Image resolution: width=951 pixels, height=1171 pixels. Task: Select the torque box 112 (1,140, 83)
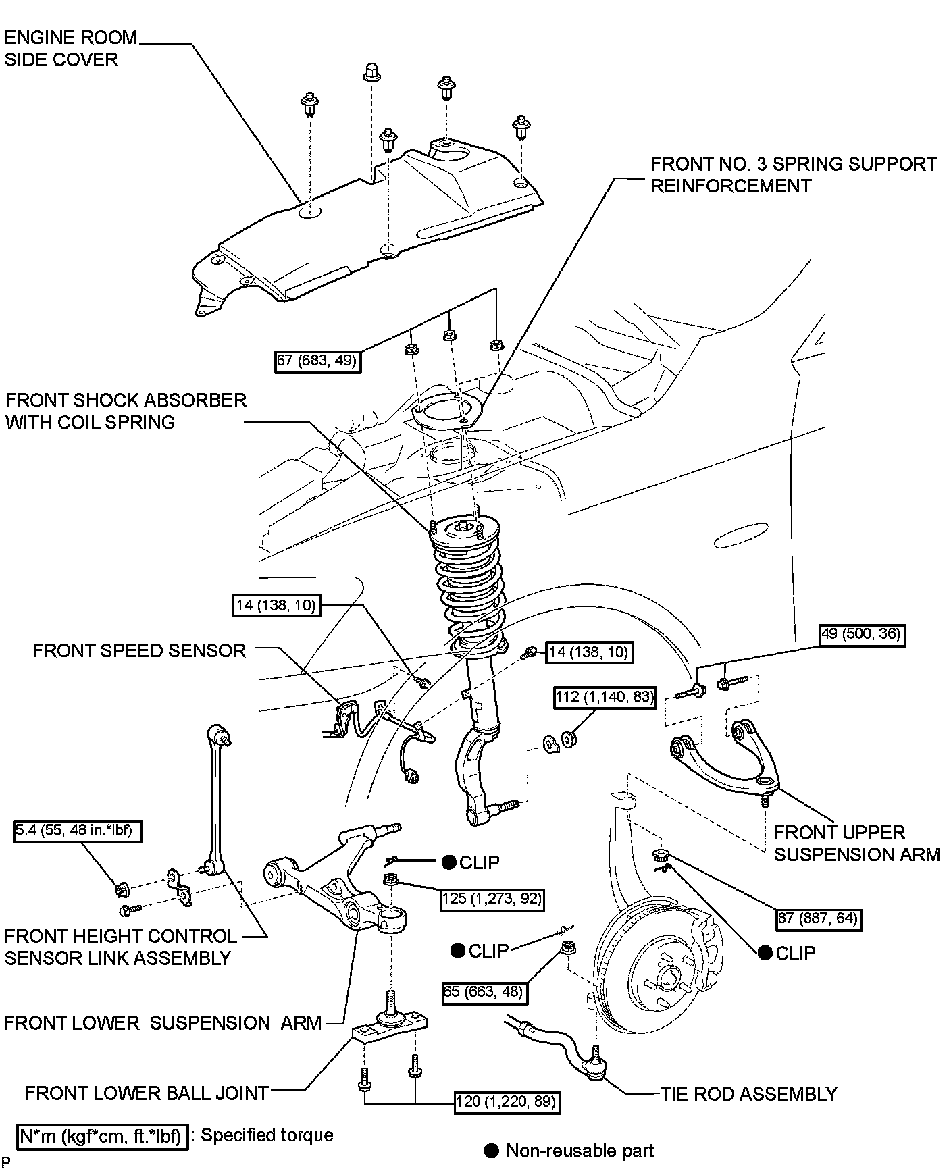tap(605, 696)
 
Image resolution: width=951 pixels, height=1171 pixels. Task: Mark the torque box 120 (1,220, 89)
tap(507, 1101)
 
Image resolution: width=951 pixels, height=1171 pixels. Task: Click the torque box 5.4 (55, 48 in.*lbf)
tap(78, 831)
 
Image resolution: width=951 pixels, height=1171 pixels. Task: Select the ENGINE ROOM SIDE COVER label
tap(70, 49)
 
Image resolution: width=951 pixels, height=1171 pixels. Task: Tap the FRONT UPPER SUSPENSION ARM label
tap(856, 843)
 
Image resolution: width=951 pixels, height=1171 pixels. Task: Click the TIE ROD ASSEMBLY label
tap(748, 1093)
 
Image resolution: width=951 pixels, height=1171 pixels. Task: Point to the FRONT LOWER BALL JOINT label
tap(147, 1093)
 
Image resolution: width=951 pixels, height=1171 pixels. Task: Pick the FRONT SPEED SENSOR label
tap(139, 650)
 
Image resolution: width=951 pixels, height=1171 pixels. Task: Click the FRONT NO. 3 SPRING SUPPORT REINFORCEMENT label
tap(794, 175)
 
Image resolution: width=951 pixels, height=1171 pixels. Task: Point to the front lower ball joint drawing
tap(391, 1024)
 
